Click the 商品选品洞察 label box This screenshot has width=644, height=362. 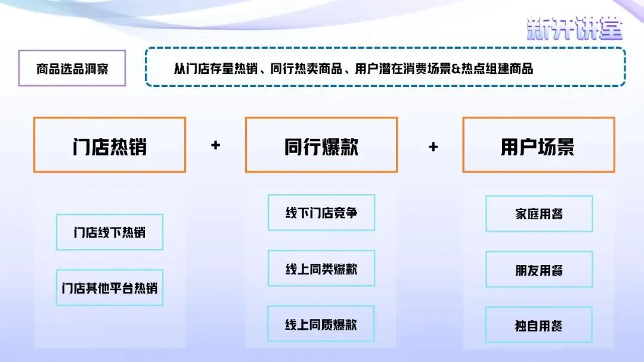72,69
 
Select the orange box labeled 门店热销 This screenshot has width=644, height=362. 109,145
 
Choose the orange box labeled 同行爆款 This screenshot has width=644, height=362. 321,145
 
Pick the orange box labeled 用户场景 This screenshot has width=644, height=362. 538,145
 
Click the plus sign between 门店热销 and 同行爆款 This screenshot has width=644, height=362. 215,145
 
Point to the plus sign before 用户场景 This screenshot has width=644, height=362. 434,146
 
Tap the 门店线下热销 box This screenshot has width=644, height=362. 109,232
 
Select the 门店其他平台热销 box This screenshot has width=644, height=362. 109,288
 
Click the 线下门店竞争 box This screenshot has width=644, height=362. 321,213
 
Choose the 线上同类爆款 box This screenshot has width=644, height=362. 321,269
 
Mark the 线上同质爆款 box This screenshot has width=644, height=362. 321,324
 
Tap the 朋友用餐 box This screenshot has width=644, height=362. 539,270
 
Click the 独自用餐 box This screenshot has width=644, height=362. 539,325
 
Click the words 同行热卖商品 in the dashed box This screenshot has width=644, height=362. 306,68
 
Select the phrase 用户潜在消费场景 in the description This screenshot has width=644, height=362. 404,68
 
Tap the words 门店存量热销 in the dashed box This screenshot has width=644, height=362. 222,68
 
